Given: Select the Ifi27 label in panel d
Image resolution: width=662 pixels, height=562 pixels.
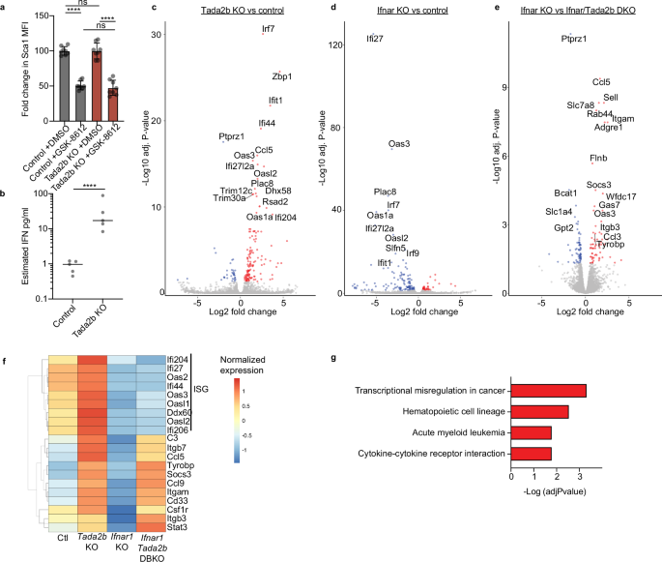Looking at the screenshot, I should pos(374,39).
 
